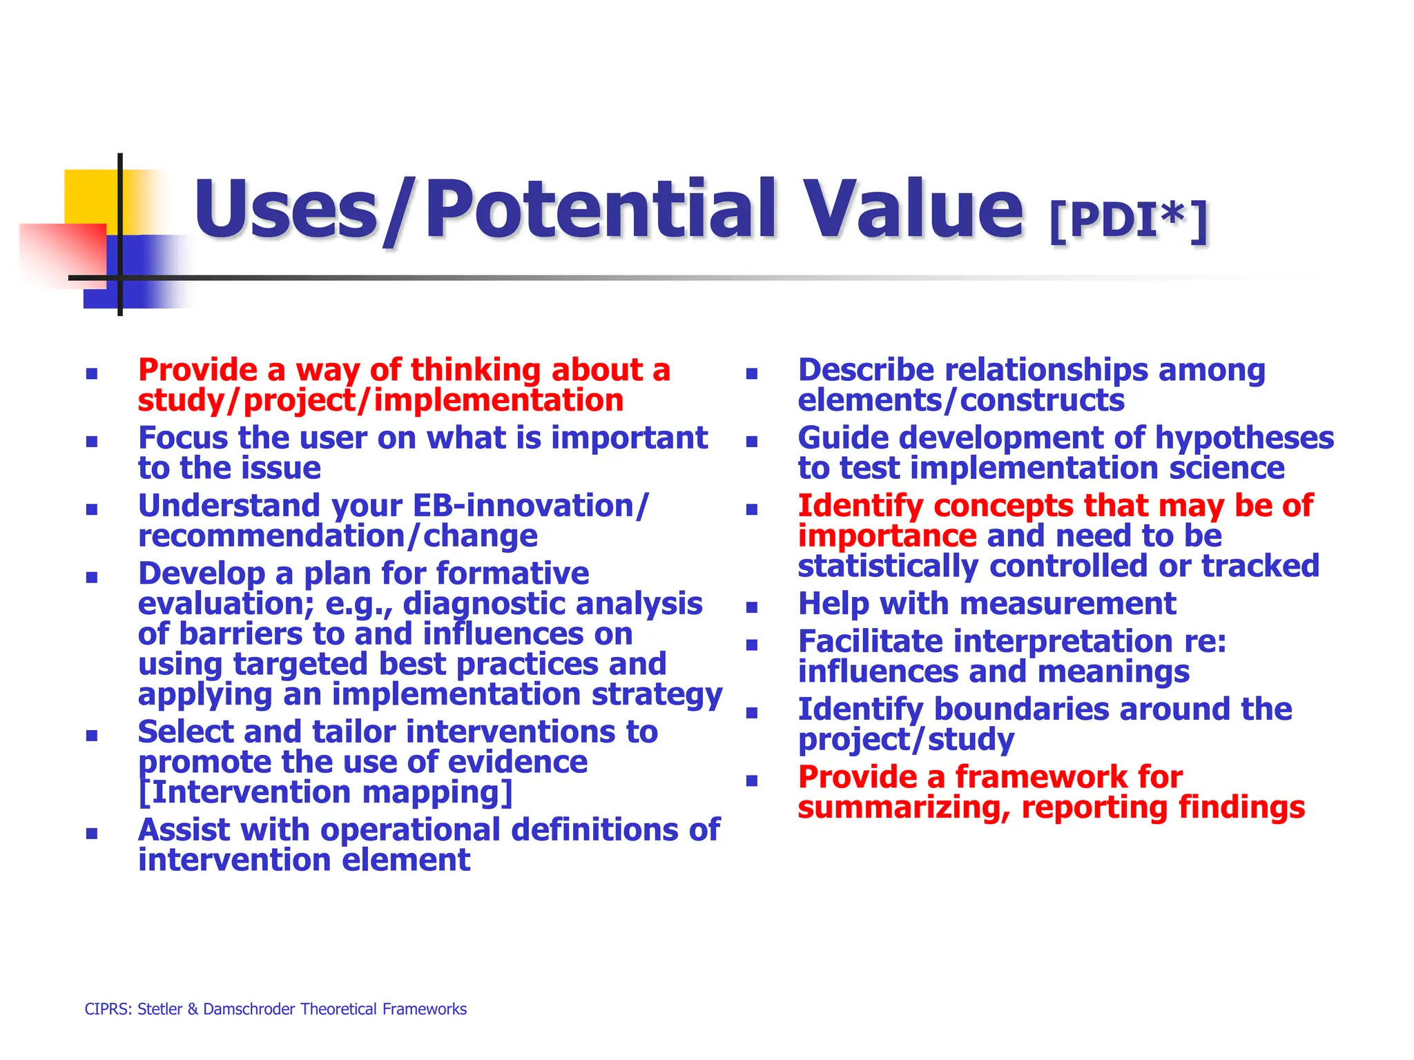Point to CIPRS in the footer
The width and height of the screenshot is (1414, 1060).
point(106,1009)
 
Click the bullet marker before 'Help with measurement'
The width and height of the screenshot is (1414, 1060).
point(752,607)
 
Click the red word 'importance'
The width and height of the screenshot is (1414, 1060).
point(887,536)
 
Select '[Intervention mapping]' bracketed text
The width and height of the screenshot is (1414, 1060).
point(325,792)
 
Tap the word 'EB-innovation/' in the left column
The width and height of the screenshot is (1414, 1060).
point(531,506)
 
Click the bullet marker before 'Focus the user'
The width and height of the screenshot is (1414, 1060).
point(92,442)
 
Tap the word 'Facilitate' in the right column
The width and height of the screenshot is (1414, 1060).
point(870,642)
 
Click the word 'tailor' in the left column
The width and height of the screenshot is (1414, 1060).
point(356,732)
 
